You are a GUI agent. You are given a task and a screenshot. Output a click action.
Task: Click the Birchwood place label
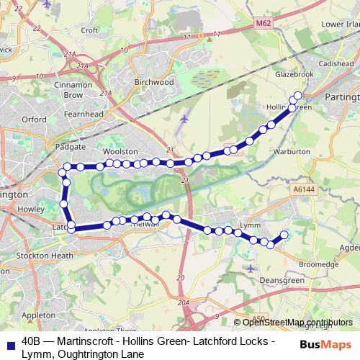pos(154,83)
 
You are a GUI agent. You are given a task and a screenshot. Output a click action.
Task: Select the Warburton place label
pos(292,152)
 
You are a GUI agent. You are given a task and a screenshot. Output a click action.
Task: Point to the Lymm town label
pos(249,225)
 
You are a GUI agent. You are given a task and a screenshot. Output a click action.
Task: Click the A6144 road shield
pos(304,189)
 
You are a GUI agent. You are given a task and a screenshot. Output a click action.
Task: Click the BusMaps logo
pos(325,344)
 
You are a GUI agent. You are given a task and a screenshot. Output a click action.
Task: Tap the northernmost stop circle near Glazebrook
pos(297,96)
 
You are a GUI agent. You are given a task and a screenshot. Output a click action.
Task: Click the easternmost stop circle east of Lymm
pos(284,234)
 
